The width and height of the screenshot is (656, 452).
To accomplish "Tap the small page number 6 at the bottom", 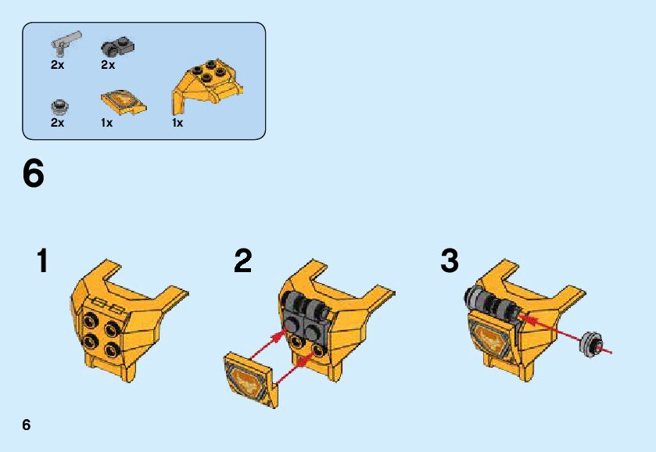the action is click(27, 425).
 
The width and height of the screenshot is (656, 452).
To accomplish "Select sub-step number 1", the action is click(43, 260).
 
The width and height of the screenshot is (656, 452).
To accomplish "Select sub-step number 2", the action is click(243, 260).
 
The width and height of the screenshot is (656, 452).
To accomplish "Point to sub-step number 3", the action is click(450, 260).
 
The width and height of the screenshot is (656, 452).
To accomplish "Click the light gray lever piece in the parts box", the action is click(66, 43).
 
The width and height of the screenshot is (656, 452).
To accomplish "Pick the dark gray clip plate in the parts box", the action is click(117, 47).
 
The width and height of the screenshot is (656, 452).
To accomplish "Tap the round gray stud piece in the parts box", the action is click(60, 106).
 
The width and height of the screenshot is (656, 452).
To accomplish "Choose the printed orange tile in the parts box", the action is click(124, 101).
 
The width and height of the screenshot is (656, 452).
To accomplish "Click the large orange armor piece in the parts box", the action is click(207, 86).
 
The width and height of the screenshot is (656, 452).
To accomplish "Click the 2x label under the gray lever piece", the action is click(58, 65).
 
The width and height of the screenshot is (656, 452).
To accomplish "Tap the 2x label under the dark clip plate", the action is click(108, 65).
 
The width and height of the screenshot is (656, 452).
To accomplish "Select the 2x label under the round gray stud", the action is click(58, 123).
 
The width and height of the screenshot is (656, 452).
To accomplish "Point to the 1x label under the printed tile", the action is click(106, 123).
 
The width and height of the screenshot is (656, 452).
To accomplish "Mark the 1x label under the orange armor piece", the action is click(177, 123).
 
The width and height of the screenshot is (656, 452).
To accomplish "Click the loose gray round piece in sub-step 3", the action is click(591, 345).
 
